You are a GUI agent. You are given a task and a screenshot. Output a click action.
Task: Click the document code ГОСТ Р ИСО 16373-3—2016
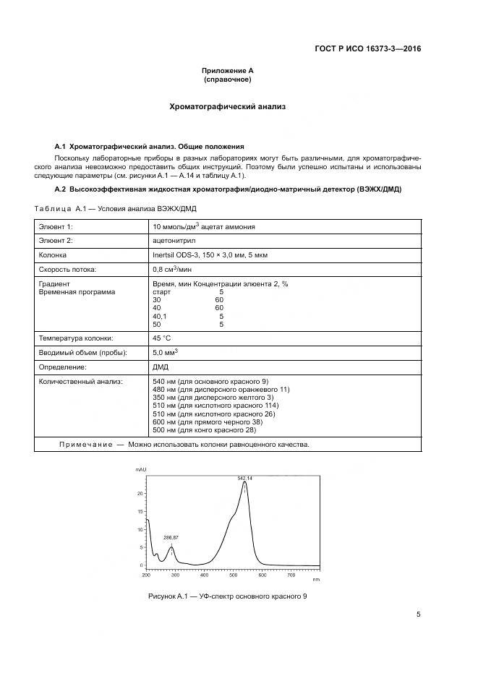367,49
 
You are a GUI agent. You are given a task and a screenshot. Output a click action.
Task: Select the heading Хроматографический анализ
228,106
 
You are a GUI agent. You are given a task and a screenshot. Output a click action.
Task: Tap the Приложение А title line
228,70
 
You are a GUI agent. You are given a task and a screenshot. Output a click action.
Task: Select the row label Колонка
53,254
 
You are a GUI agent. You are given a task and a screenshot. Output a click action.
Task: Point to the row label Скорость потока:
67,269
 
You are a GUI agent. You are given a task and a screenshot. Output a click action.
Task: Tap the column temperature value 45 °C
162,338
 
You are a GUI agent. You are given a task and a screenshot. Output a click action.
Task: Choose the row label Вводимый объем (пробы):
82,352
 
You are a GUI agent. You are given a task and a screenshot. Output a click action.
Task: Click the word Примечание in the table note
85,444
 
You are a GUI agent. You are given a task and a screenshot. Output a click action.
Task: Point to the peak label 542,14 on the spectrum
245,478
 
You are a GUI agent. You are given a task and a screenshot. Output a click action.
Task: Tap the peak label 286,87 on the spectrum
171,538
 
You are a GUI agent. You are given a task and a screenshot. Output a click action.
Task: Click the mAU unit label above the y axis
140,470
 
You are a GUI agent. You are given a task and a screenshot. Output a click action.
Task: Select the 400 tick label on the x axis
204,576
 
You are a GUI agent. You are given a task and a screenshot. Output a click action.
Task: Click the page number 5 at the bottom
418,615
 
